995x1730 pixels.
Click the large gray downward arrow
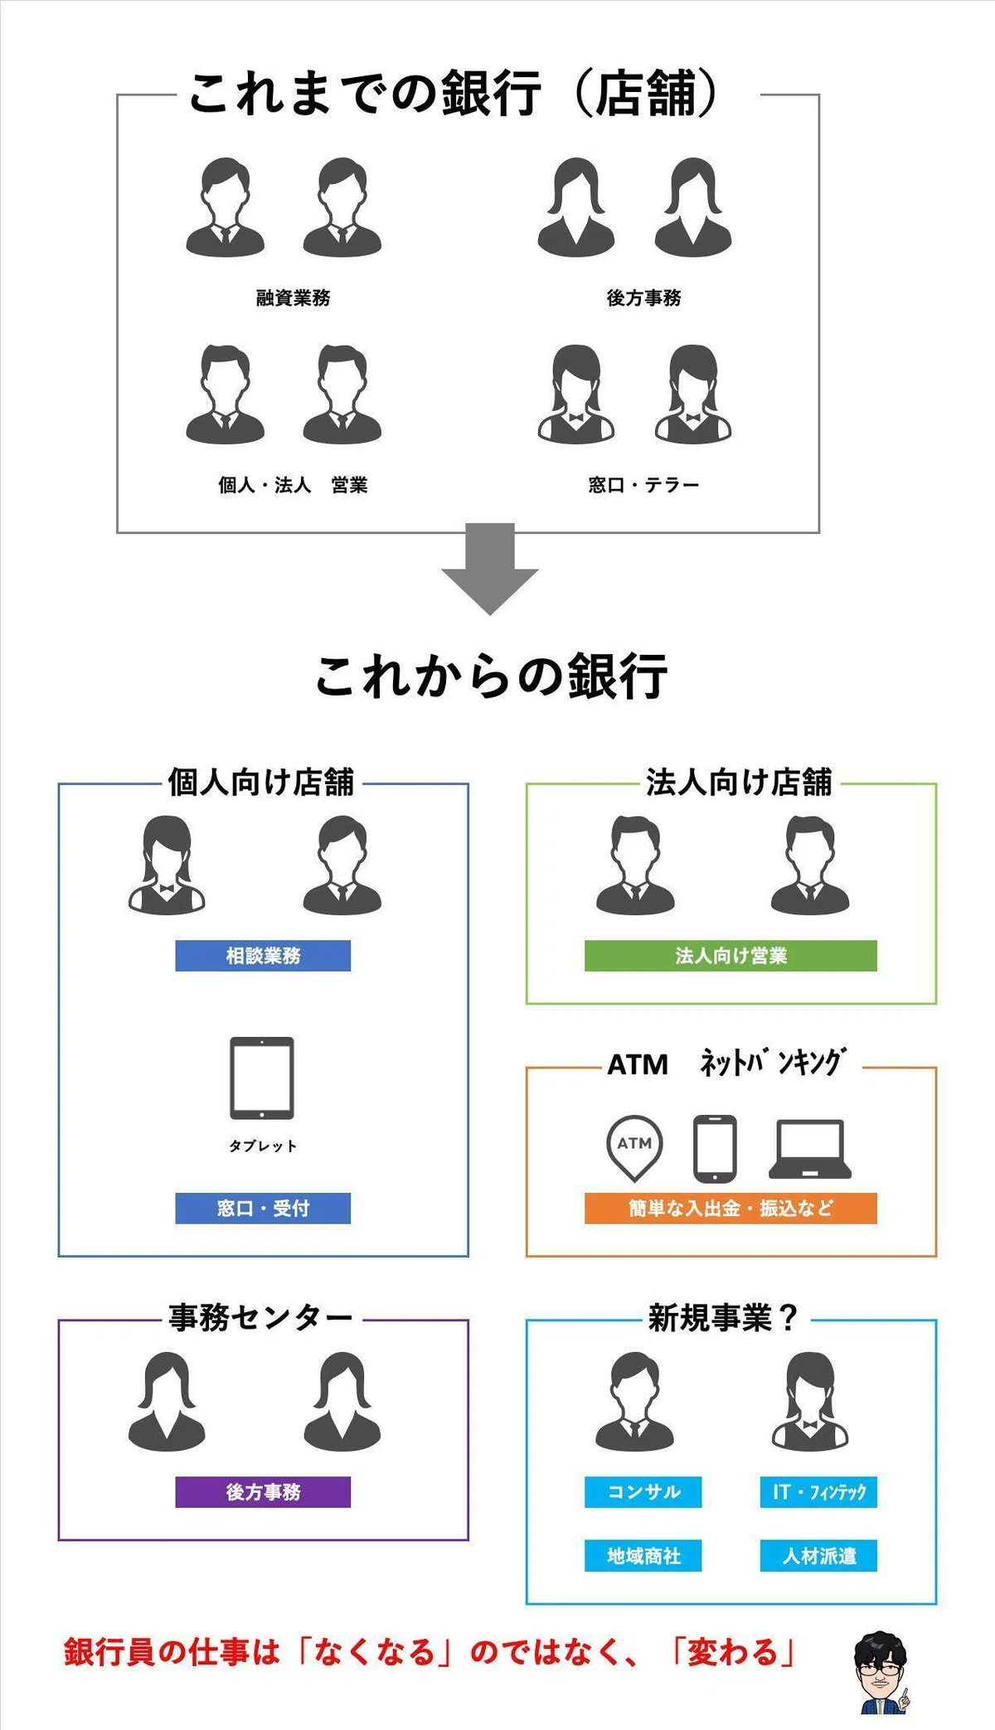click(x=490, y=568)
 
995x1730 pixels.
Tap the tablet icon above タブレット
click(x=262, y=1078)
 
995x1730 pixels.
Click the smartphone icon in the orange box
click(x=715, y=1148)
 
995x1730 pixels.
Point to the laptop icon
click(x=810, y=1149)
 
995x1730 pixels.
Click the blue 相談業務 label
click(x=263, y=956)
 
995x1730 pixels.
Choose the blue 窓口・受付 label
click(x=263, y=1209)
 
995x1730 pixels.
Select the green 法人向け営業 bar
click(x=730, y=956)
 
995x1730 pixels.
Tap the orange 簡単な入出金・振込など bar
click(x=730, y=1209)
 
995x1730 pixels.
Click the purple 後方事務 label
click(x=263, y=1492)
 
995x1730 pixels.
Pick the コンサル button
click(x=643, y=1492)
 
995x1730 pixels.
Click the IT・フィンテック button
click(x=818, y=1492)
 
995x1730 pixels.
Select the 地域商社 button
click(x=643, y=1556)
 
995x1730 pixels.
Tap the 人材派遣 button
click(x=818, y=1556)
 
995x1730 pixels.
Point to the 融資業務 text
click(x=293, y=298)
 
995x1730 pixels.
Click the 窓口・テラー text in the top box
click(x=644, y=485)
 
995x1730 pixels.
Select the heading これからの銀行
click(x=491, y=676)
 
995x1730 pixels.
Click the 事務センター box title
click(x=260, y=1317)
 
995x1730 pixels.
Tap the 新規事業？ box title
click(x=722, y=1317)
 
